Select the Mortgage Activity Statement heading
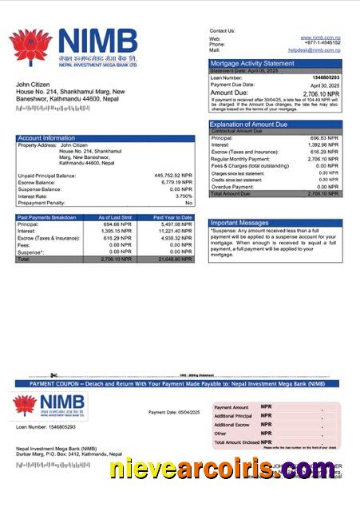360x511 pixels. coord(251,63)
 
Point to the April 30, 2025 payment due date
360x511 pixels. coord(325,85)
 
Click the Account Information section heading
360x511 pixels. coord(46,138)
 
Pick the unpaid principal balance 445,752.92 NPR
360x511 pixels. coord(173,175)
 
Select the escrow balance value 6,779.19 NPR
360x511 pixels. coord(177,182)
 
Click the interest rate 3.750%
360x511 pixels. coord(184,196)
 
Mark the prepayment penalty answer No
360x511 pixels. coord(188,203)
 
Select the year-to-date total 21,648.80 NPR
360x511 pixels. coord(175,259)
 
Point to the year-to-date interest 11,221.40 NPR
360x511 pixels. coord(175,232)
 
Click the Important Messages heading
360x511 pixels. coord(239,223)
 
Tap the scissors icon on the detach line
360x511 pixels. coord(52,375)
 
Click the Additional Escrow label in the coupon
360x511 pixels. coord(232,425)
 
